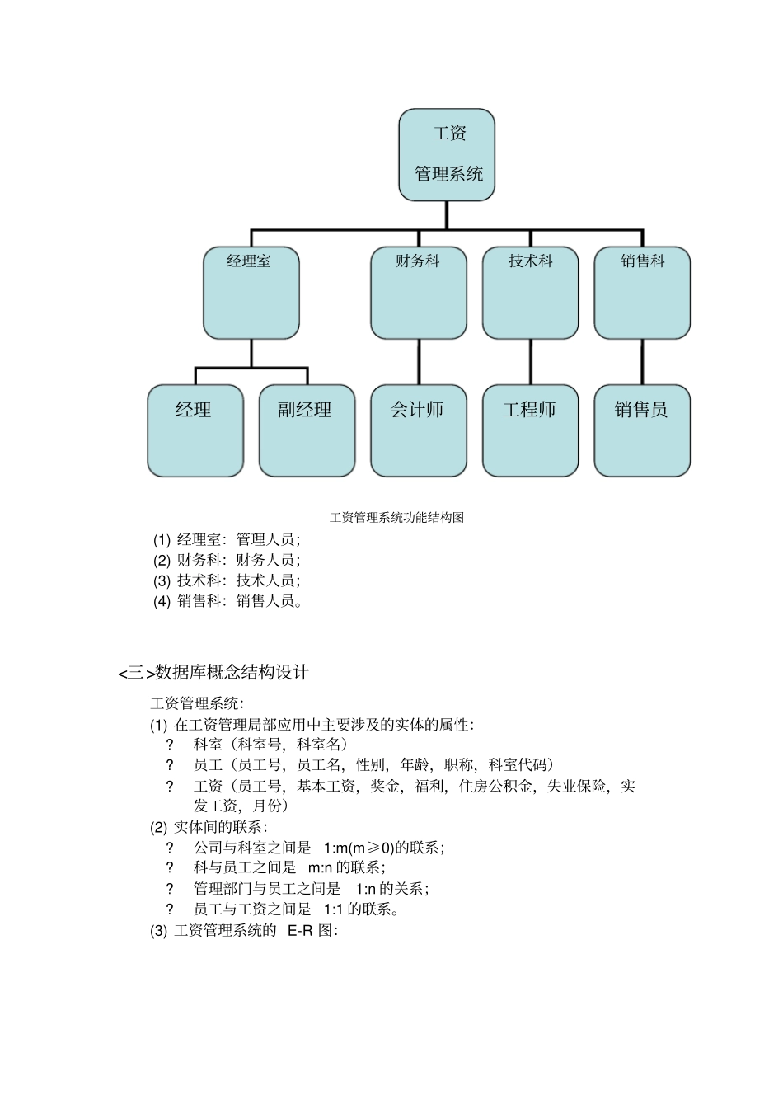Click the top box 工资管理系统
(x=447, y=155)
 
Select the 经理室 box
(x=251, y=293)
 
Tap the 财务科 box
(x=418, y=293)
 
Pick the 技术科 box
(x=530, y=293)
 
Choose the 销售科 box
(x=642, y=293)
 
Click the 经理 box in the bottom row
(x=195, y=430)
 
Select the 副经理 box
(x=307, y=430)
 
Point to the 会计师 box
(x=418, y=430)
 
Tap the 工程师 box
(x=530, y=430)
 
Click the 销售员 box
(x=642, y=430)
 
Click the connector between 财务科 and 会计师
(x=419, y=361)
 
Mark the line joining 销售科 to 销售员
(x=642, y=361)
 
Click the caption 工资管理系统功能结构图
(x=396, y=518)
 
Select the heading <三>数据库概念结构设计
(x=213, y=673)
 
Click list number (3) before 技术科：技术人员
(x=162, y=581)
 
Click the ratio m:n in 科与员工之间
(x=319, y=867)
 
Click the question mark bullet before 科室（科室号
(x=170, y=745)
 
